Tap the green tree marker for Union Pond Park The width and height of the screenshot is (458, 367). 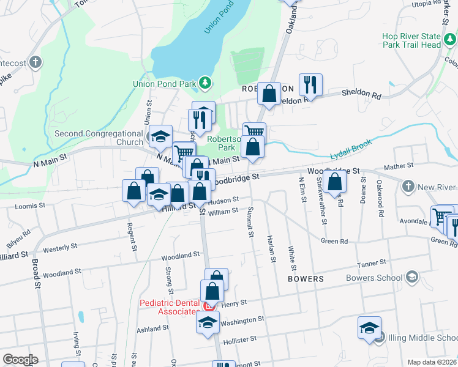[x=207, y=83]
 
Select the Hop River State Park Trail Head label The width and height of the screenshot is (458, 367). [x=411, y=40]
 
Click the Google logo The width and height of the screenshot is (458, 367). [x=20, y=359]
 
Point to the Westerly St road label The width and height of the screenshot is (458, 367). [x=60, y=247]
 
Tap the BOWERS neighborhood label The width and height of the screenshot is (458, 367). [x=305, y=279]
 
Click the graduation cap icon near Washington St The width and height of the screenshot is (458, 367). [x=208, y=321]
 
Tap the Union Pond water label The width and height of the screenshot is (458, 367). [x=212, y=24]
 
